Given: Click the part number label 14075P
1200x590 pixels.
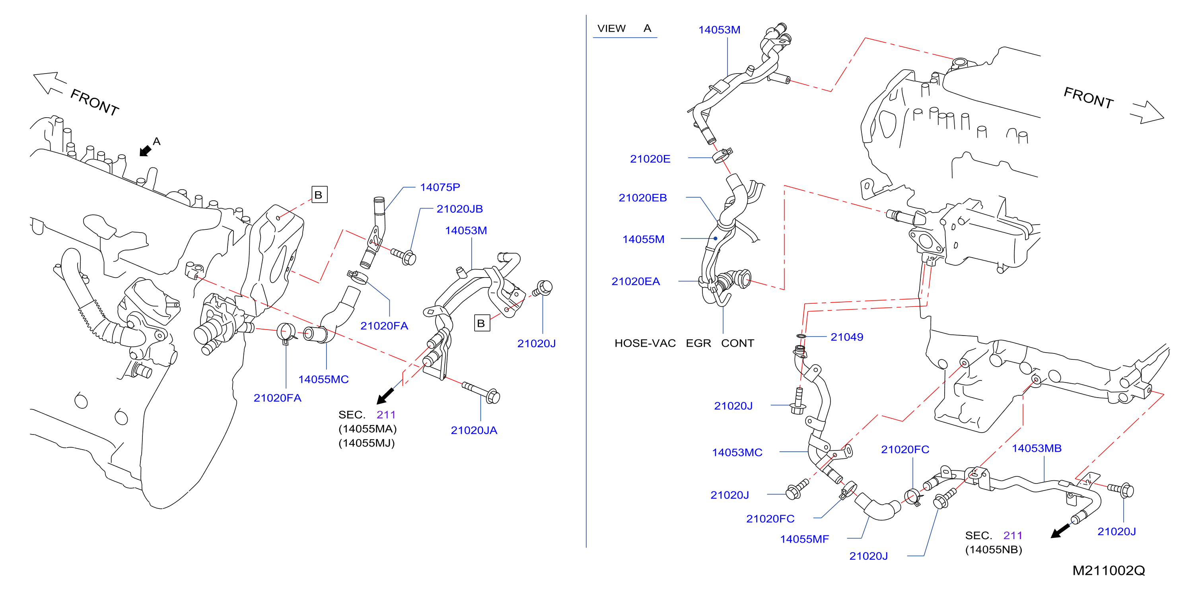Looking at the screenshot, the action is tap(440, 187).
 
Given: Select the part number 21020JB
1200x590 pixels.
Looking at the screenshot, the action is tap(459, 209).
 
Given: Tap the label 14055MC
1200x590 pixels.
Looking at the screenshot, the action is tap(323, 380).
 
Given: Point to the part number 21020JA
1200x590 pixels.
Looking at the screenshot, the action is tap(474, 430).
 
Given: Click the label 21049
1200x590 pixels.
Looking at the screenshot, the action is tap(846, 337).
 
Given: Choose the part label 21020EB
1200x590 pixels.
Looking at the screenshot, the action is tap(642, 198).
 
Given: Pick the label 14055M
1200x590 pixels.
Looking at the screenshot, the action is tap(643, 239).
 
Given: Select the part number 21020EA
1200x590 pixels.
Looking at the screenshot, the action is tap(636, 281).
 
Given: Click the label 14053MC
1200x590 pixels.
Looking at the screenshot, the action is tap(737, 452).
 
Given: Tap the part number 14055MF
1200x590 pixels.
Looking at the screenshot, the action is tap(805, 539).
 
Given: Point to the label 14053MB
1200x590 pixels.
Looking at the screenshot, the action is tap(1037, 448).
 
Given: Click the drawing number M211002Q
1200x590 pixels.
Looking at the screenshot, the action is tap(1108, 571).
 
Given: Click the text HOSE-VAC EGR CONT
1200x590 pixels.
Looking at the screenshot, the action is tap(684, 343).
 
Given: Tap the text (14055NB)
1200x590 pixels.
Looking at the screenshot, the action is tap(993, 550).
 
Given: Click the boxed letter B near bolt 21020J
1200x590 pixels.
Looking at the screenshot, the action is tap(482, 323).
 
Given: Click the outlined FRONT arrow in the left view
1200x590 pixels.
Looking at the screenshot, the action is tap(48, 82).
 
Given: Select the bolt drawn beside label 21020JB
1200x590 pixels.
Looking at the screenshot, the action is tap(404, 256).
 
